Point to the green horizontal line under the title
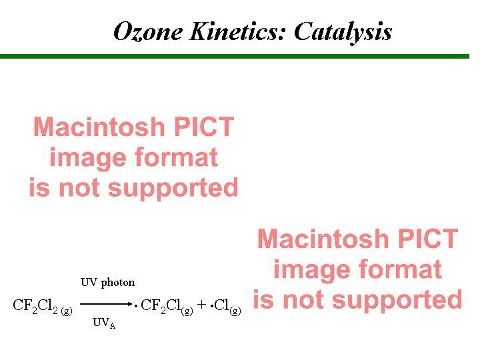[240, 57]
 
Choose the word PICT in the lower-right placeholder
[427, 239]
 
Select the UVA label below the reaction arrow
[104, 323]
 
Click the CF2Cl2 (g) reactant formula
[43, 307]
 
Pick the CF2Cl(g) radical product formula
[167, 307]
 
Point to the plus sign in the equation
[201, 307]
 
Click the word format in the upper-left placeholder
[176, 158]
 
